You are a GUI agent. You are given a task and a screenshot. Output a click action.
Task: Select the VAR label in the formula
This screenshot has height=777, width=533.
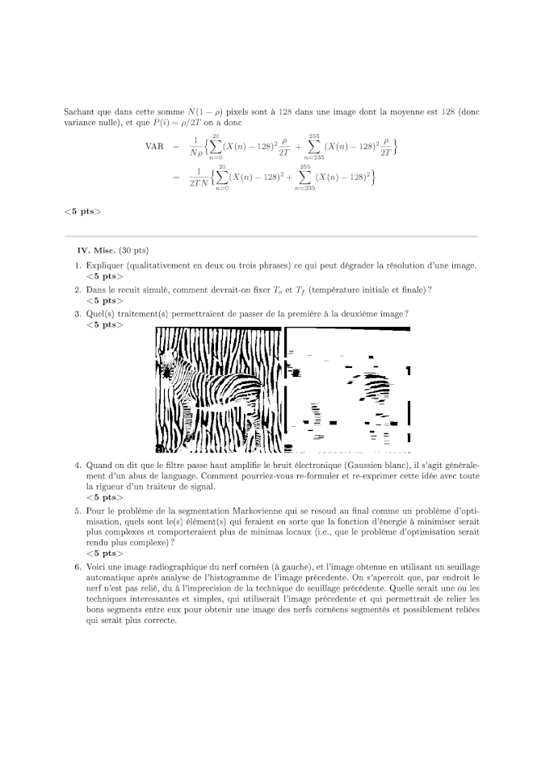(x=155, y=147)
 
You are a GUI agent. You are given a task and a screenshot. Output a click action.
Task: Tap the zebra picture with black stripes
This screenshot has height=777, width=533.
(x=218, y=390)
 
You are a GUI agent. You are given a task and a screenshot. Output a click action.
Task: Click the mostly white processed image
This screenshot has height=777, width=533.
(x=348, y=390)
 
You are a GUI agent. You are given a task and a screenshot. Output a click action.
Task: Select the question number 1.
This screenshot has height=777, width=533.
(x=78, y=265)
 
